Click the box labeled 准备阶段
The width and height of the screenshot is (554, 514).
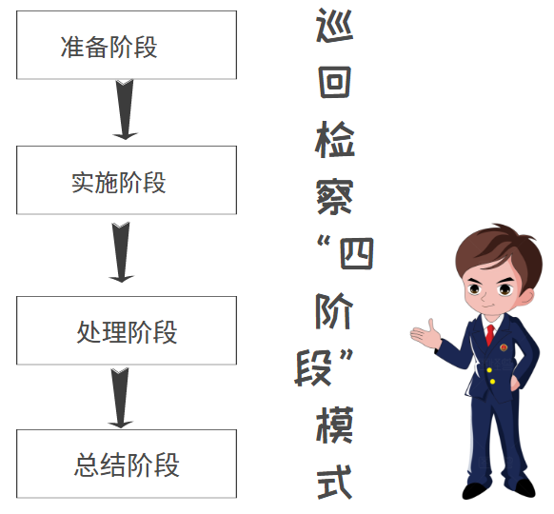127,45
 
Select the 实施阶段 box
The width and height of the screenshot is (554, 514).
127,180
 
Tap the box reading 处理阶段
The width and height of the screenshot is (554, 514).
127,330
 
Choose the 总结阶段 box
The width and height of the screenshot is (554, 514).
127,464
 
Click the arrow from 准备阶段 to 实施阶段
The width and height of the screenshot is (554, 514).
125,109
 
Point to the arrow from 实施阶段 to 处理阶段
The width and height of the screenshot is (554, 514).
121,252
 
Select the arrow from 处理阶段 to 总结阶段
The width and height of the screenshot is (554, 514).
120,398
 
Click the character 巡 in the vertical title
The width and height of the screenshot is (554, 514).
334,26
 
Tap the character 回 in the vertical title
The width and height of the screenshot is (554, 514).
335,82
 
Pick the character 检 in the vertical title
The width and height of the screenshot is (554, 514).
335,139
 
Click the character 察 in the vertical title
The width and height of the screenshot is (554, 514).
335,196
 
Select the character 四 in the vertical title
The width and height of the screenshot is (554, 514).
356,253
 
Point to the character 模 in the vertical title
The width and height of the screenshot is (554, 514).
335,425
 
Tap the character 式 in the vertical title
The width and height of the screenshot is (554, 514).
335,482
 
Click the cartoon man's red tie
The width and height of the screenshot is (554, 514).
490,335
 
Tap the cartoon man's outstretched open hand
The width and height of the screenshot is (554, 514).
425,334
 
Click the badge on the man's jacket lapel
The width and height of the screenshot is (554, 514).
504,347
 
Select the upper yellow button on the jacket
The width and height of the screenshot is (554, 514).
489,370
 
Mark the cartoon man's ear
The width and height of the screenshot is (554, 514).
528,296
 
